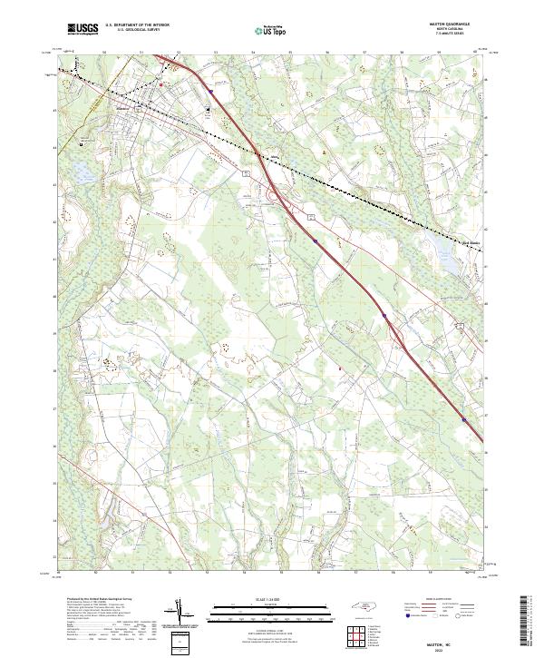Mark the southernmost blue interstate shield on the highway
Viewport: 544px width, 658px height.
pyautogui.click(x=464, y=419)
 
